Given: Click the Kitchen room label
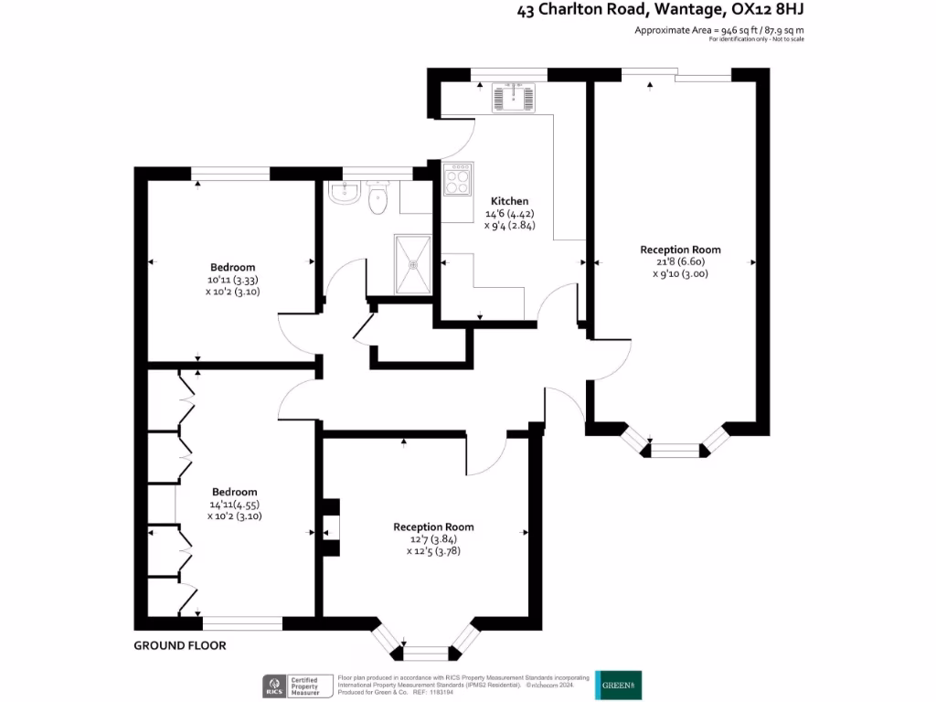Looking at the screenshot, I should pos(509,201).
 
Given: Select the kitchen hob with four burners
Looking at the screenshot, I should pos(458,178).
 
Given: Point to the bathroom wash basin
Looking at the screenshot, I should pos(346,193).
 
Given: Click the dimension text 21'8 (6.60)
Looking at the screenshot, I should pos(680,261).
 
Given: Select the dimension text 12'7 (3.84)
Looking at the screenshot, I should pos(433,539).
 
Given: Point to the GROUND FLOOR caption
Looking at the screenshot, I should pos(180,645).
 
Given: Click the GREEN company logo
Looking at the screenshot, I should pos(619,684).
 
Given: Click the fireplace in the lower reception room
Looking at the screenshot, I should pos(331,528).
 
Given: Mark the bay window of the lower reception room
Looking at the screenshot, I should pos(427,646).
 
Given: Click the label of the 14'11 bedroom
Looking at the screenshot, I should pos(234,492).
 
